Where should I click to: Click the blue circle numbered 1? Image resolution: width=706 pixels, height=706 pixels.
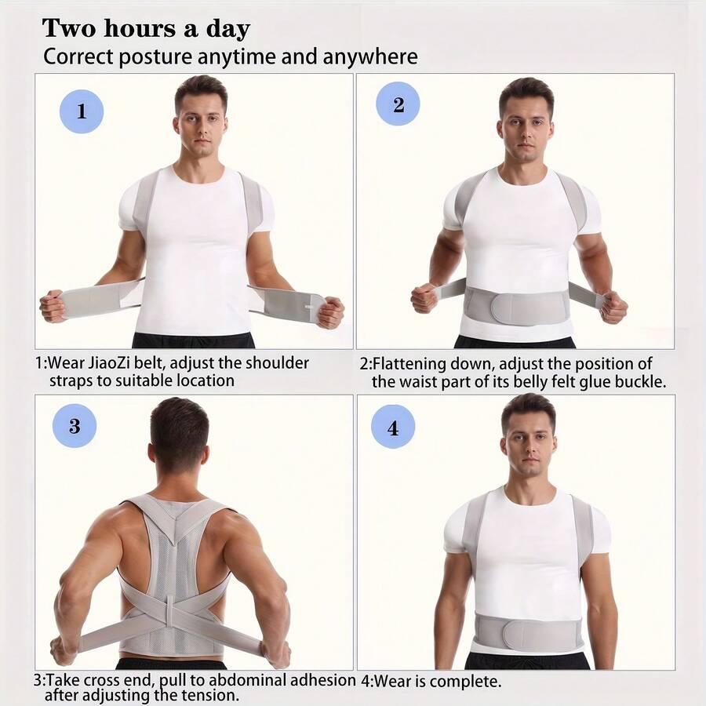[x=82, y=111]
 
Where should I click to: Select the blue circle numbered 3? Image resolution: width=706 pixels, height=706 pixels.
[x=75, y=425]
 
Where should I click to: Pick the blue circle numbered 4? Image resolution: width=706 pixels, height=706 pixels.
[x=393, y=427]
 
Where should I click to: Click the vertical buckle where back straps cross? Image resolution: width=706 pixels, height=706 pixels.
[x=169, y=612]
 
